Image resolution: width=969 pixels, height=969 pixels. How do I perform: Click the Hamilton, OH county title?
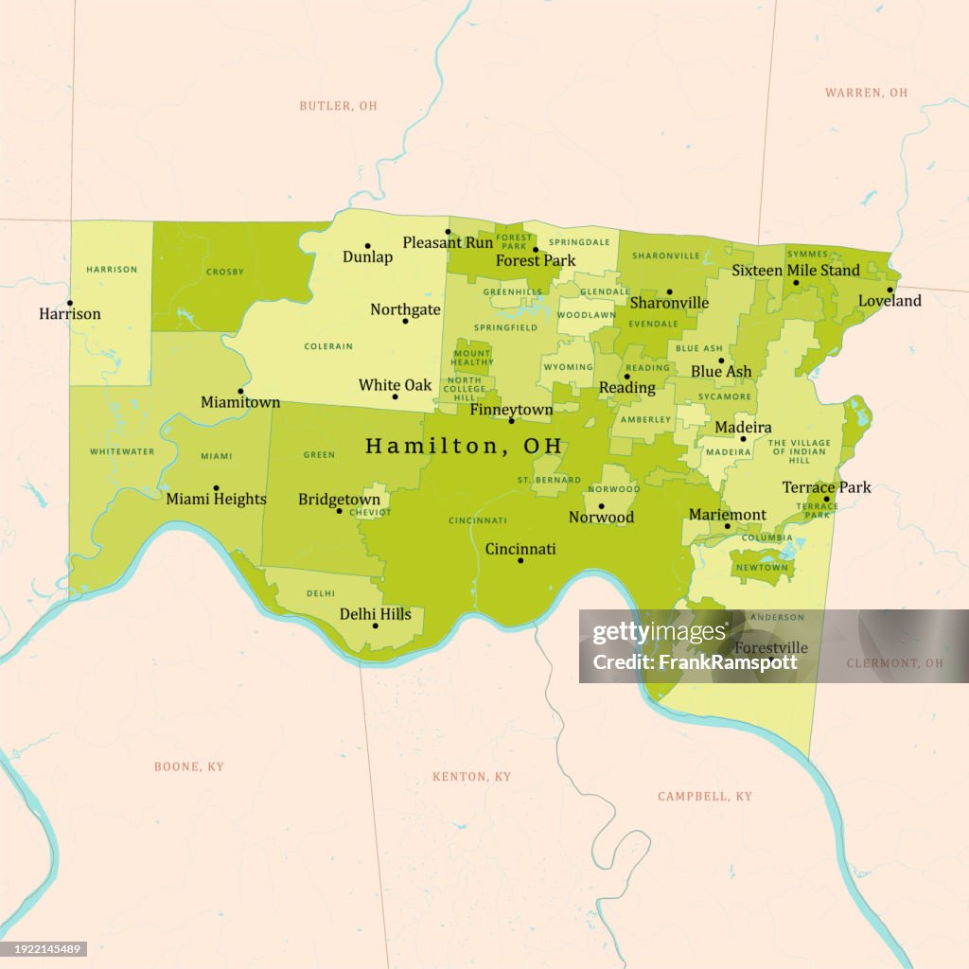pos(464,446)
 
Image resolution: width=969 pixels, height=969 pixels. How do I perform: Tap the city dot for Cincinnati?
pos(520,561)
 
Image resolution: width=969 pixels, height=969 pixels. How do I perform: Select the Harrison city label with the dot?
pos(70,312)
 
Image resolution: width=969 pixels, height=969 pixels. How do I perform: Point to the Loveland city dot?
pos(890,290)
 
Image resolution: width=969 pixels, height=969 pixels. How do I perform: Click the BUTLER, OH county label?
pos(338,106)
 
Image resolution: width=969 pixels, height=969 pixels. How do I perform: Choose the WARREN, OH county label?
pos(866,93)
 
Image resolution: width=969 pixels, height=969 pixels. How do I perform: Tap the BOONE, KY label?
pos(189,766)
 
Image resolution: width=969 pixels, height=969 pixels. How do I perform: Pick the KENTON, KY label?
pos(471,777)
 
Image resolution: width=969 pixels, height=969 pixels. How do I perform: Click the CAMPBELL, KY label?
pos(705,797)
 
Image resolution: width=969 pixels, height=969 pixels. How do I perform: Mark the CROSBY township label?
pos(224,273)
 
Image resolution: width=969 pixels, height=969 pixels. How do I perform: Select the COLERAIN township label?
pos(328,346)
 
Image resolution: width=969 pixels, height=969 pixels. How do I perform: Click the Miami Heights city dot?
pos(216,488)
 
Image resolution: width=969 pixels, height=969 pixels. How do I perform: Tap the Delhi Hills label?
pos(376,614)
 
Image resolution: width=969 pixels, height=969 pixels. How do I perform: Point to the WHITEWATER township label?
pos(122,452)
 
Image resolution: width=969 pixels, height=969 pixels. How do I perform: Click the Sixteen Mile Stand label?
pos(796,271)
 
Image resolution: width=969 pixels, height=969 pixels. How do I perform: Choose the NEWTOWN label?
pos(762,568)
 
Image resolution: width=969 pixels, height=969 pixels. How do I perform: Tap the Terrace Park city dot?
pos(826,499)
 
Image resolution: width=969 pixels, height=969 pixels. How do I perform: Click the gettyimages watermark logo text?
pos(647,634)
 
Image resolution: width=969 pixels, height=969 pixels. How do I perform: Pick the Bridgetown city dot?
pos(339,511)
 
